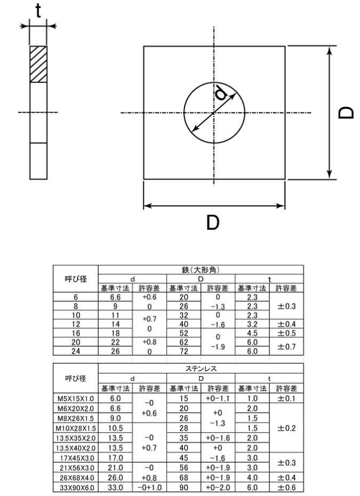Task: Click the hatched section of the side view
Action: (38, 64)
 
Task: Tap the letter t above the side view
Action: (38, 11)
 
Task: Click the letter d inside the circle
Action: (221, 92)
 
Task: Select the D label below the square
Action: (213, 222)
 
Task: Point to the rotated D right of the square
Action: (345, 113)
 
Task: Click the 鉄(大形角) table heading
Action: (201, 270)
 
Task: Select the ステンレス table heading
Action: (201, 369)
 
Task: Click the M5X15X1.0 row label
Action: (76, 398)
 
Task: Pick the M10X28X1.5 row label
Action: (76, 428)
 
